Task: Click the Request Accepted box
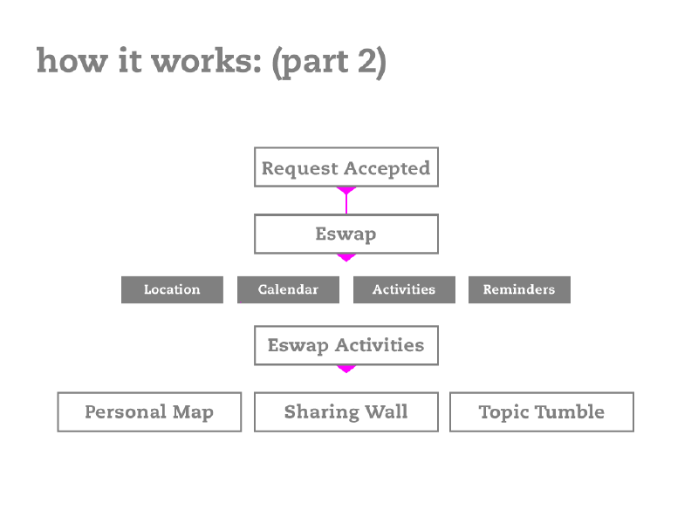[346, 166]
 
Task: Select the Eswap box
[346, 234]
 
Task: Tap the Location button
[172, 289]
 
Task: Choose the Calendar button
[289, 289]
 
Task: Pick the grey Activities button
[404, 289]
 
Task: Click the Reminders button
[519, 289]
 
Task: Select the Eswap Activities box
[346, 345]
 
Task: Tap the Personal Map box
[149, 411]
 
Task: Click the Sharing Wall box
[346, 411]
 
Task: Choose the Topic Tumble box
[542, 411]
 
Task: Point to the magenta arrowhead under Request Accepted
[346, 190]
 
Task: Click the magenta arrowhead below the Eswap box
[346, 257]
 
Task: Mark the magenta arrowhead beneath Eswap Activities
[346, 369]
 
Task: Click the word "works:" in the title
[207, 60]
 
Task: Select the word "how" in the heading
[72, 60]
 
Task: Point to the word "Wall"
[387, 411]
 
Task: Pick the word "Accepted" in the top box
[387, 168]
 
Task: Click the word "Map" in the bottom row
[193, 412]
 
